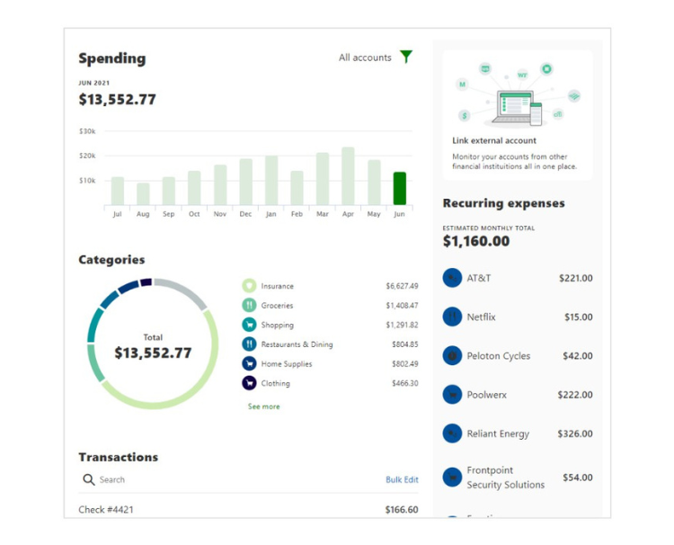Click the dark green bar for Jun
[x=399, y=188]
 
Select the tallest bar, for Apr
[x=348, y=176]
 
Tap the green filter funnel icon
[x=406, y=58]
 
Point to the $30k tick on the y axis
[x=87, y=131]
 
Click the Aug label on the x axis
[x=143, y=215]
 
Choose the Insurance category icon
[x=249, y=286]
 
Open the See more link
[x=263, y=407]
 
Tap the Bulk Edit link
[x=402, y=480]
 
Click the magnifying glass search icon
[x=89, y=480]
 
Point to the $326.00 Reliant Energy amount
[x=575, y=434]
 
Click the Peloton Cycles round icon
[x=452, y=356]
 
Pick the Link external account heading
[x=494, y=141]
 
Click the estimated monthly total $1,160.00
[x=476, y=241]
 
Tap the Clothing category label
[x=275, y=384]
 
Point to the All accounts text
[x=365, y=58]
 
